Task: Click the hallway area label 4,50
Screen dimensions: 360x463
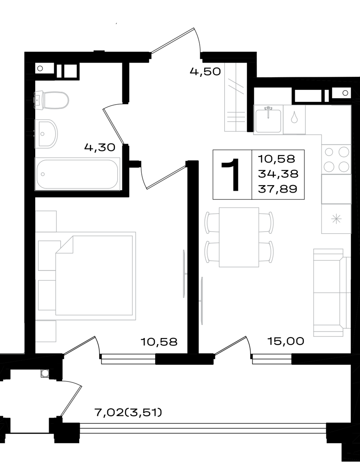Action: (x=205, y=71)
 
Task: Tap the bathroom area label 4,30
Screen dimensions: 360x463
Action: (x=100, y=147)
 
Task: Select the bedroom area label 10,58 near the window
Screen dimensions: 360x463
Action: (x=159, y=342)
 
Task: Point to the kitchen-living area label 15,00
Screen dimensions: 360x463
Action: (x=285, y=341)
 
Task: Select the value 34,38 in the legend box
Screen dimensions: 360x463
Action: (x=278, y=174)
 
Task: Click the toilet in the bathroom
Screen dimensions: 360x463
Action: (x=51, y=100)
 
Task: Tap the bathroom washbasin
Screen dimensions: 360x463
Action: (x=46, y=134)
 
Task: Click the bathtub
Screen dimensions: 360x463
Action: (x=77, y=174)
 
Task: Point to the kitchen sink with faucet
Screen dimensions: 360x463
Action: (x=268, y=119)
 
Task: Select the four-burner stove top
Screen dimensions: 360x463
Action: (x=336, y=159)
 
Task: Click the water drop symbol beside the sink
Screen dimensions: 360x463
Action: (x=294, y=117)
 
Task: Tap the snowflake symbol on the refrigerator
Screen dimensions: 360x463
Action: (x=336, y=219)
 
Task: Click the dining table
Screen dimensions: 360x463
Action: (x=239, y=237)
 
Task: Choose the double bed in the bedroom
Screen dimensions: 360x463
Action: (x=94, y=276)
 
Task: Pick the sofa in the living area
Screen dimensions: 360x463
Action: (x=332, y=292)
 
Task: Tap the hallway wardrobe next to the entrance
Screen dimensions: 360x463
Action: (x=235, y=97)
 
